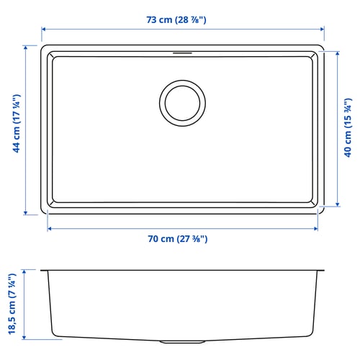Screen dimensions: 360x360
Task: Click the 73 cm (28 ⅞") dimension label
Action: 176,19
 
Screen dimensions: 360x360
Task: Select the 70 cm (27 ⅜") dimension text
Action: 178,239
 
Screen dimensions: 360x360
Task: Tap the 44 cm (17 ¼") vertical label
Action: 17,123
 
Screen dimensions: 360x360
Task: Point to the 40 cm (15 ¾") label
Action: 348,127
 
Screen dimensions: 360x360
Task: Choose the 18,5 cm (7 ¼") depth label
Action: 12,304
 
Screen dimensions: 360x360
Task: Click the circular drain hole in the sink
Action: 182,103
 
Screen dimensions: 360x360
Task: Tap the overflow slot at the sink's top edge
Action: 182,53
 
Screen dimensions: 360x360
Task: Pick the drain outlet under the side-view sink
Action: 182,341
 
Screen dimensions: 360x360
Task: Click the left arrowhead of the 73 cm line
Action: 43,30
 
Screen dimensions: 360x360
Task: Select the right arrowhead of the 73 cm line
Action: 322,30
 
